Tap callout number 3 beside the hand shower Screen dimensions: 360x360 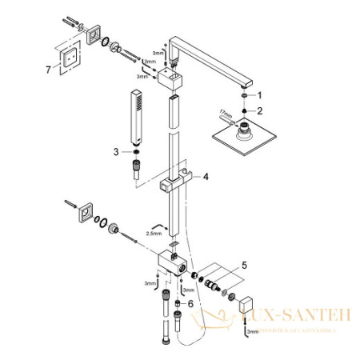click(116, 150)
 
